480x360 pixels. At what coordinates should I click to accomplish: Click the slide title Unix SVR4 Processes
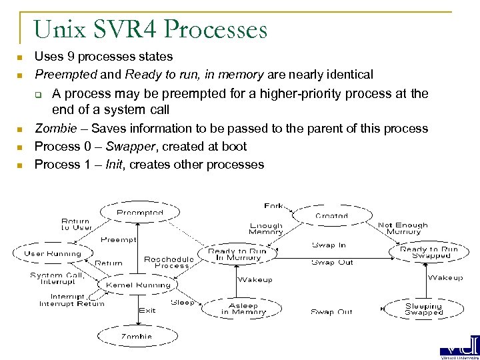150,30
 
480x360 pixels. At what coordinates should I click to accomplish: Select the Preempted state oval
140,213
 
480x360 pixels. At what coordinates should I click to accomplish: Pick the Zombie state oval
136,337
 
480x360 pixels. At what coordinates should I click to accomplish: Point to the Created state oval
331,215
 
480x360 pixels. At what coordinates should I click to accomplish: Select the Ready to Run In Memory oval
238,255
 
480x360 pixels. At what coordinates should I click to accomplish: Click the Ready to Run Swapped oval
429,253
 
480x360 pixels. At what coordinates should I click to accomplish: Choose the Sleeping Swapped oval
423,309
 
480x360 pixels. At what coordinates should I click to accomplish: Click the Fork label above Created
273,206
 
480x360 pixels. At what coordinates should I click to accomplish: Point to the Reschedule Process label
169,262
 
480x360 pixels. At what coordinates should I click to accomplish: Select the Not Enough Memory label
403,228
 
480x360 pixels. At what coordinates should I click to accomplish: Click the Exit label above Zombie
147,310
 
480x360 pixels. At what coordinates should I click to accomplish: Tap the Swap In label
329,245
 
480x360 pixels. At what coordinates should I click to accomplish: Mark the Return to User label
77,225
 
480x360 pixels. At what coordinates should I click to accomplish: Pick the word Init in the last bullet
116,164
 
